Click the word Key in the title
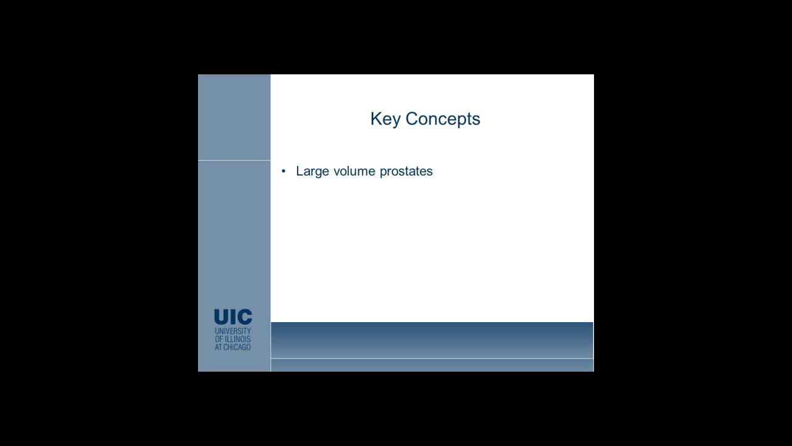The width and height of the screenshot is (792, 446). [x=385, y=119]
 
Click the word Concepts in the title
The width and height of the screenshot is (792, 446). [x=443, y=119]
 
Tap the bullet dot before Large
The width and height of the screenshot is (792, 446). [x=284, y=171]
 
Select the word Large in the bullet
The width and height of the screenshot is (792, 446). [x=312, y=172]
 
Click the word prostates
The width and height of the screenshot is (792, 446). [x=406, y=172]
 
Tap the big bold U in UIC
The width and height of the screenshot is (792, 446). [x=222, y=317]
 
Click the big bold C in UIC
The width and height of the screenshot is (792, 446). [x=244, y=317]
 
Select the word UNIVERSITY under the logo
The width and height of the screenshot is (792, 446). [x=233, y=331]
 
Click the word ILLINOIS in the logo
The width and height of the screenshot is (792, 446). [x=238, y=339]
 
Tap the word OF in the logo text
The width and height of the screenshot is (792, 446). [x=218, y=339]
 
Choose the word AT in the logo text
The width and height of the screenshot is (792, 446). [x=218, y=348]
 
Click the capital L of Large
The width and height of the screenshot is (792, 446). [x=299, y=171]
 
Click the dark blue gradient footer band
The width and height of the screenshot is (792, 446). [x=432, y=339]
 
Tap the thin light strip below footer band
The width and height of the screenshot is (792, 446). [x=432, y=365]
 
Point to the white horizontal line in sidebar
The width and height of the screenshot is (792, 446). [x=234, y=160]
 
